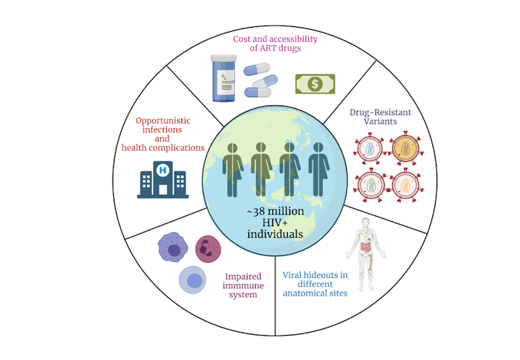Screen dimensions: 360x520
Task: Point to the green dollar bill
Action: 315,83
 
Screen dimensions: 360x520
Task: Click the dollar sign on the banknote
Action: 315,83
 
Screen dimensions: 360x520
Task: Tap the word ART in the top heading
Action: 279,48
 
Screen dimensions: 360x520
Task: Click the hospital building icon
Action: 163,179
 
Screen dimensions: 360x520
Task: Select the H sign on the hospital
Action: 163,168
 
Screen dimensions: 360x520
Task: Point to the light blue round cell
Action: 193,281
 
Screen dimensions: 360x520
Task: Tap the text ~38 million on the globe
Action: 276,211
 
